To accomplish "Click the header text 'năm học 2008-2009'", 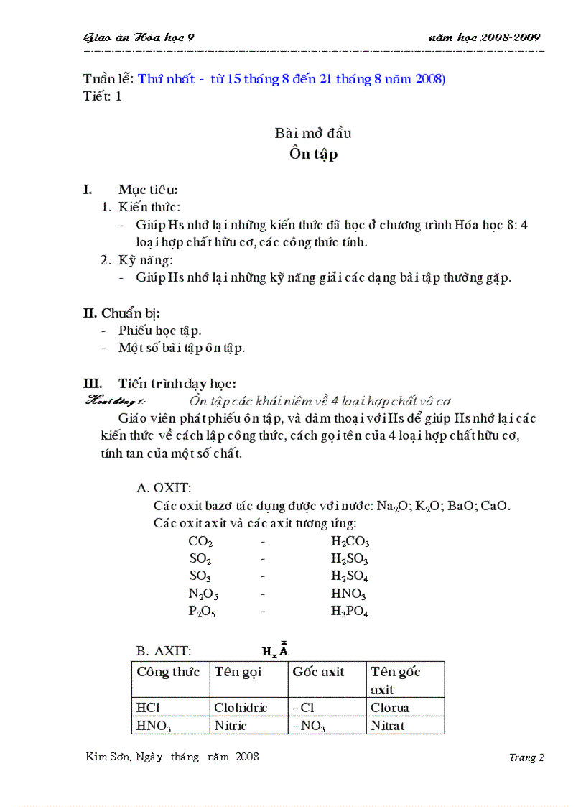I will coord(484,37).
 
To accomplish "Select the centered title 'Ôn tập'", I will coord(313,154).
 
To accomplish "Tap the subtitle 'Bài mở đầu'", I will coord(313,133).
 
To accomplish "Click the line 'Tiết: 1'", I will coord(103,96).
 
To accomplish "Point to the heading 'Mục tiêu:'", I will coord(149,190).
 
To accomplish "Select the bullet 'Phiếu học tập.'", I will coord(160,331).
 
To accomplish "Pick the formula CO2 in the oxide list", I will coord(200,542).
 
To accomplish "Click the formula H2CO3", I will coord(350,542).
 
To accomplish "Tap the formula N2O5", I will coord(203,594).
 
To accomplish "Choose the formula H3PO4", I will coord(350,612).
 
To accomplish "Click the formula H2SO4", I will coord(350,577).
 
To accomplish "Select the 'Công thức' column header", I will coord(168,672).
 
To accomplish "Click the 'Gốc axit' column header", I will coord(318,672).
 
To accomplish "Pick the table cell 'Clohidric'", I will coord(241,708).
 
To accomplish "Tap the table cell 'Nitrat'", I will coord(388,726).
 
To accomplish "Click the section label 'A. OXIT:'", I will coord(164,488).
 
